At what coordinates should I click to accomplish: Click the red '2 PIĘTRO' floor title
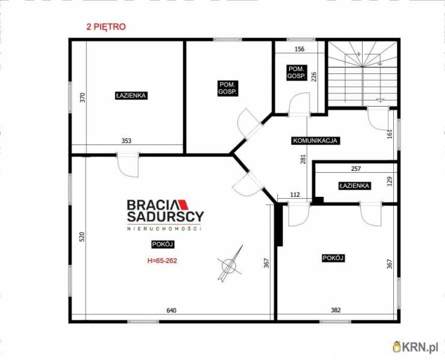coord(106,26)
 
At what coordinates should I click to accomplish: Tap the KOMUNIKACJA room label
coord(315,140)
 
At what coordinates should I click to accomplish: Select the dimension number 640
coord(171,310)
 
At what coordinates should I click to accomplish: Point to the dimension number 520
coord(82,237)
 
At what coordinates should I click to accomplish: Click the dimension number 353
coord(126,141)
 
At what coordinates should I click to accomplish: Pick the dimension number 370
coord(82,98)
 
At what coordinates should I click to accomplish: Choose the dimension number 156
coord(299,49)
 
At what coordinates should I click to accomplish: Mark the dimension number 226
coord(314,76)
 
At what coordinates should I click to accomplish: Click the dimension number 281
coord(304,159)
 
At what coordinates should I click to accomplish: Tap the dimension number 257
coord(356,169)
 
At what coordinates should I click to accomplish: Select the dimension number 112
coord(295,194)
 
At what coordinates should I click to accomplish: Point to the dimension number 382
coord(336,310)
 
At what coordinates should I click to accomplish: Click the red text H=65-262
coord(162,261)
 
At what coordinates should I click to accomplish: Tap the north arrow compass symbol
coord(230,264)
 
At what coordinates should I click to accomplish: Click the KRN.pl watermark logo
coord(416,347)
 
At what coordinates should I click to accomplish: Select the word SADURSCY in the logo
coord(165,217)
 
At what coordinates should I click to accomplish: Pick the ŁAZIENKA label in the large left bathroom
coord(131,96)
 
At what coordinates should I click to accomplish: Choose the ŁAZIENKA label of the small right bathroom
coord(354,186)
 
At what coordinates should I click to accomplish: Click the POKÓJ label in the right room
coord(333,258)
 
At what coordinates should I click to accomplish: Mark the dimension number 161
coord(390,134)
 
